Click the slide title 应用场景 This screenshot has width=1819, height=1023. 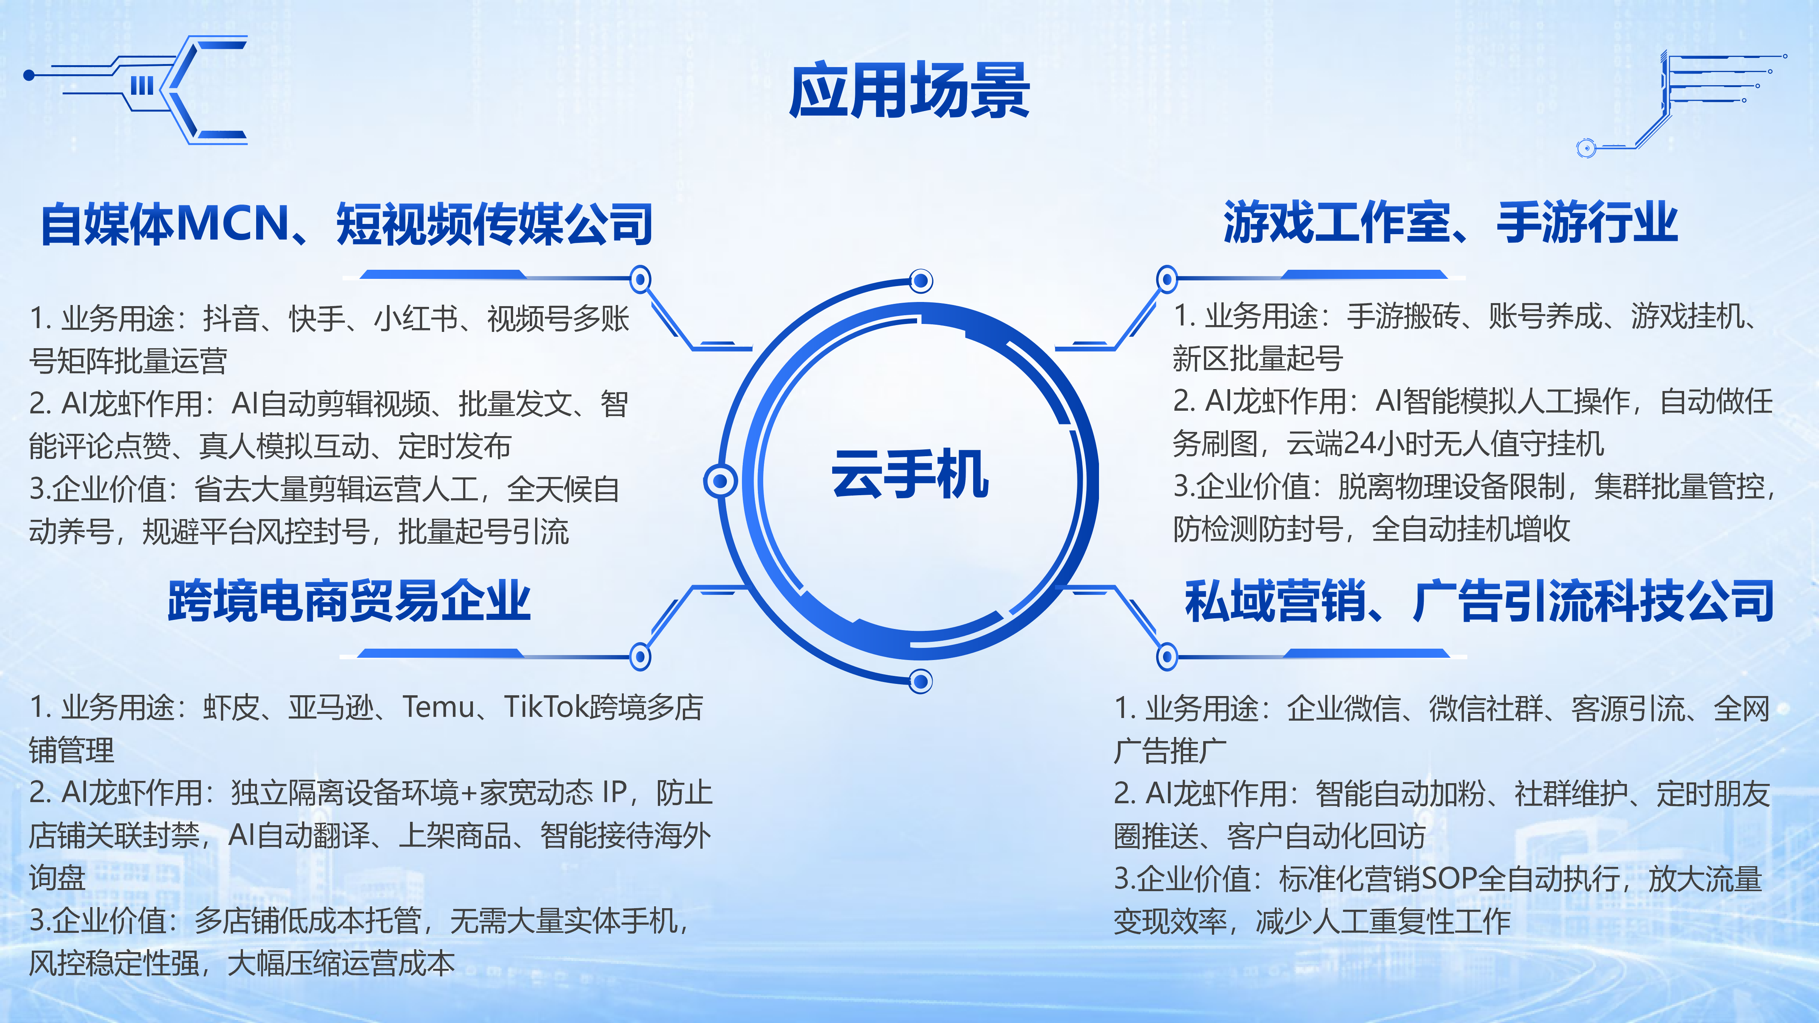click(x=909, y=91)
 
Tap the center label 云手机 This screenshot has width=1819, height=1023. click(x=910, y=474)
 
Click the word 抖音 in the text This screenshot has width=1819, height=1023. click(x=231, y=318)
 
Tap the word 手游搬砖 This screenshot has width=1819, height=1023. click(x=1403, y=316)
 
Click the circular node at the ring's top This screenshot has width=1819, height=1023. click(x=921, y=281)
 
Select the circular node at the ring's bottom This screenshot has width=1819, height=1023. click(x=921, y=681)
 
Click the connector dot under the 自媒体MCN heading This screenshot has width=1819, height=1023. click(x=640, y=280)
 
